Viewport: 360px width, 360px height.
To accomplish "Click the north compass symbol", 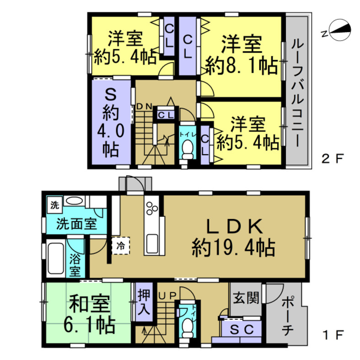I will [338, 31].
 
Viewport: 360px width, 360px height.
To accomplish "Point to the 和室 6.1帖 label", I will [89, 314].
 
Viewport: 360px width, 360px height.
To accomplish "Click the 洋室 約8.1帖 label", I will [241, 55].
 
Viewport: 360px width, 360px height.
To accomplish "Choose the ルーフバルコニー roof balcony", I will [297, 92].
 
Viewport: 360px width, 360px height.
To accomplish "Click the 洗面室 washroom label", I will [76, 224].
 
